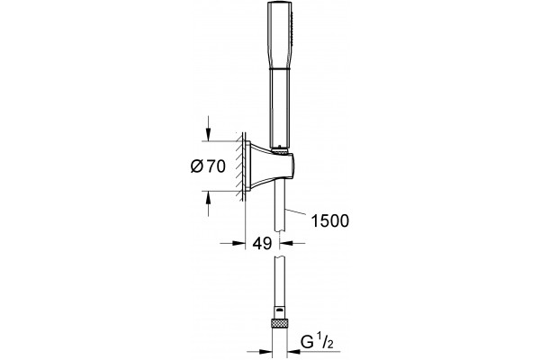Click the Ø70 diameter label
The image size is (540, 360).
pyautogui.click(x=208, y=166)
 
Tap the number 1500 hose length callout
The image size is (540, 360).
pyautogui.click(x=330, y=220)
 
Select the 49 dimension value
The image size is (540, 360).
pyautogui.click(x=262, y=244)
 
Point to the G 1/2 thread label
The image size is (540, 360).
pyautogui.click(x=317, y=341)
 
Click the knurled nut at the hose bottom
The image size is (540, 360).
pyautogui.click(x=279, y=323)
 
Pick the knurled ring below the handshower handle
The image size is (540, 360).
pyautogui.click(x=280, y=150)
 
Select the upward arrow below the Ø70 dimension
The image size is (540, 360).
pyautogui.click(x=208, y=203)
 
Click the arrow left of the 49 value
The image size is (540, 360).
pyautogui.click(x=232, y=243)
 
